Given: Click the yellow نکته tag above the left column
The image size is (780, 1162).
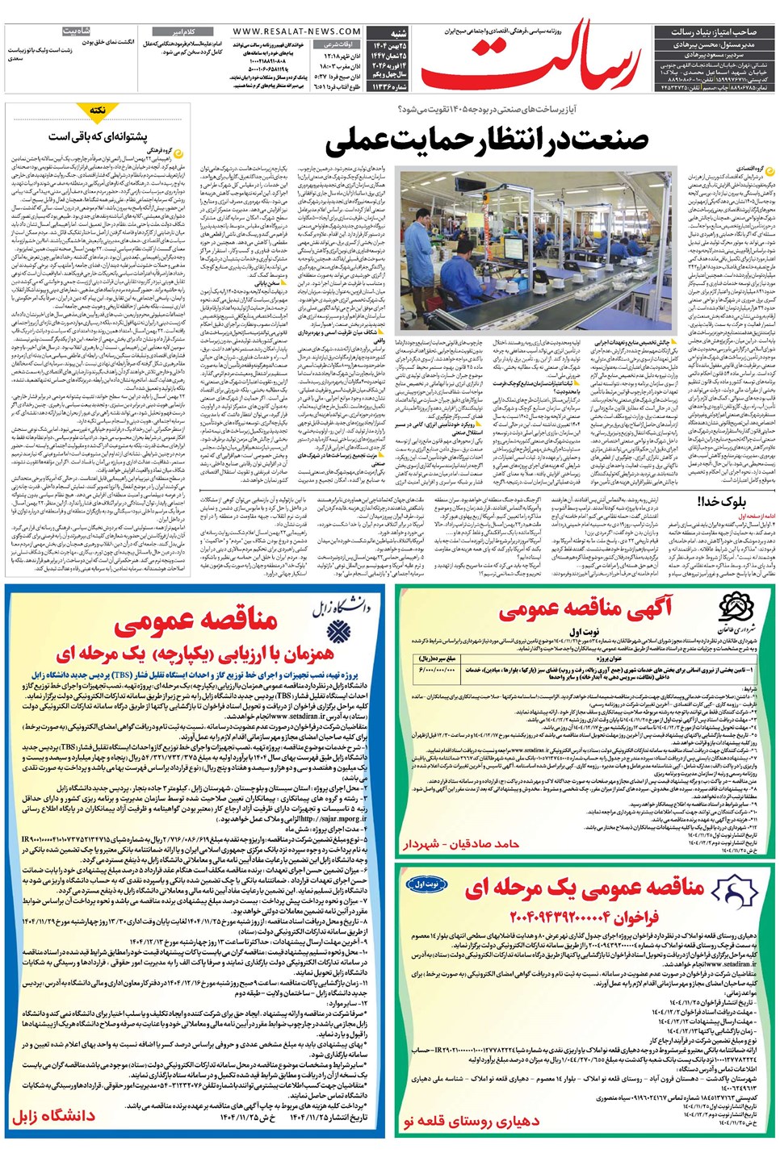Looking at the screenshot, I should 98,110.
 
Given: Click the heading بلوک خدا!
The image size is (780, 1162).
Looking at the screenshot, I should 722,501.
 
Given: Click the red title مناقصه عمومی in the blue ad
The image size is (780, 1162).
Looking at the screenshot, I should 196,621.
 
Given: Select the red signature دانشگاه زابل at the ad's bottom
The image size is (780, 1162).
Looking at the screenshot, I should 53,1116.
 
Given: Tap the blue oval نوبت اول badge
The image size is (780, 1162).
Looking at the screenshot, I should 426,885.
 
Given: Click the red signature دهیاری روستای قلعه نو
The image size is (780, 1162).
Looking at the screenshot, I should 471,1121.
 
